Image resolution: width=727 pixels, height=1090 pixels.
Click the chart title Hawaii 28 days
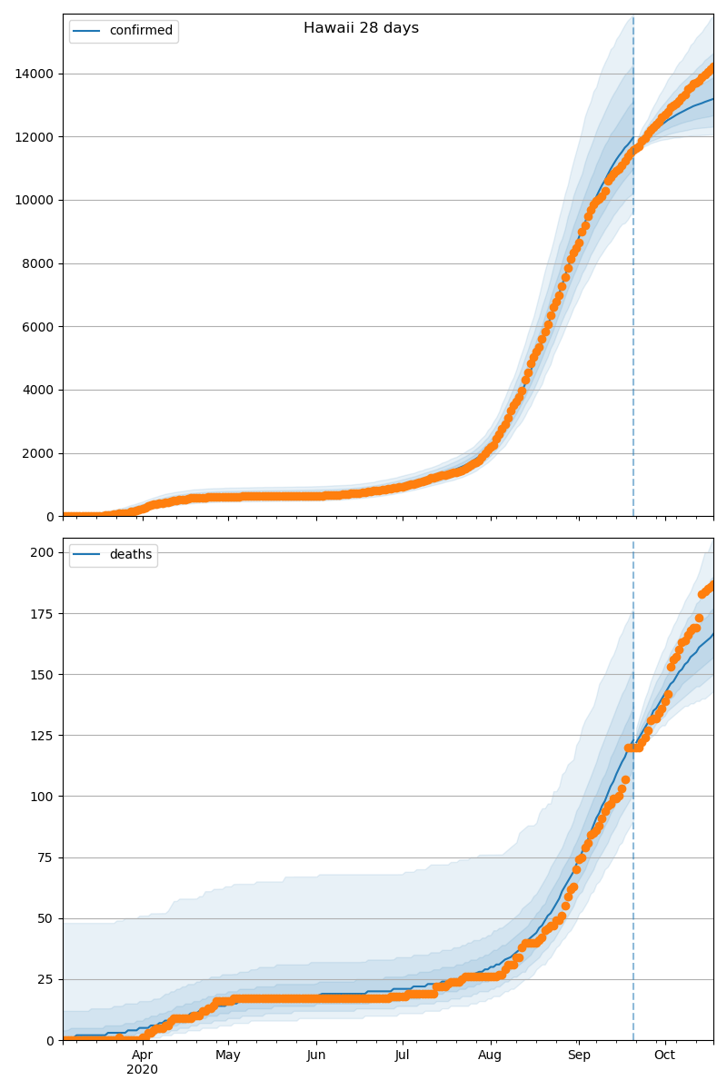click(361, 28)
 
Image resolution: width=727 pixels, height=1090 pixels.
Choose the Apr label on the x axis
click(142, 1055)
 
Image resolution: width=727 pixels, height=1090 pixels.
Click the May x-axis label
click(228, 1055)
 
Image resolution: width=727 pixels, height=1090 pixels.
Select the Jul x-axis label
click(402, 1055)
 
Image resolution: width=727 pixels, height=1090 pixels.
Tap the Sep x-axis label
click(579, 1055)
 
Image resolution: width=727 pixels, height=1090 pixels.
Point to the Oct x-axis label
click(664, 1055)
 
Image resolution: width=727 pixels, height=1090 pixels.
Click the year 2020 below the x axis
click(142, 1070)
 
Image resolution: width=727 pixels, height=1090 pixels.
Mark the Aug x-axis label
click(490, 1055)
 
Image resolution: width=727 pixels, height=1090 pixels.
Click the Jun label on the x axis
click(316, 1055)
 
